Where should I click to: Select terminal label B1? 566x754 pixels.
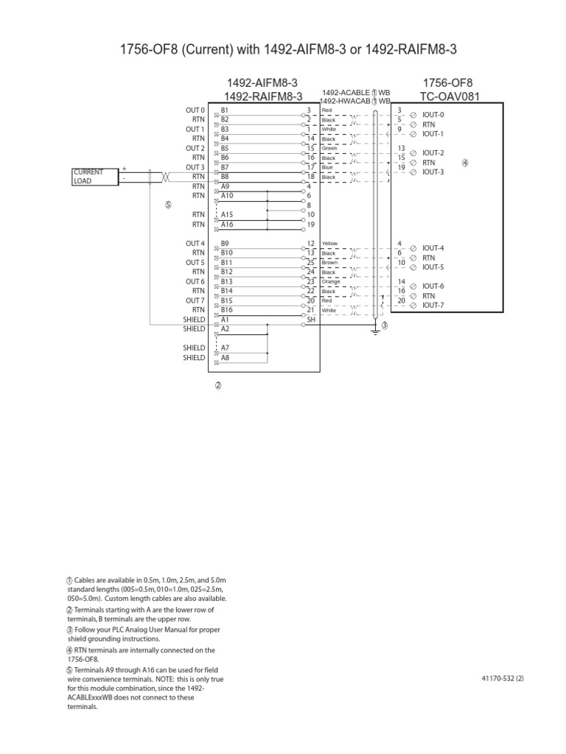click(225, 110)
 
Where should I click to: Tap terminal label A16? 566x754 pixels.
click(227, 224)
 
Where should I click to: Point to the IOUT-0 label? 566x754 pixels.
click(433, 115)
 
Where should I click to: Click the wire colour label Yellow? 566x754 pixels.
click(329, 244)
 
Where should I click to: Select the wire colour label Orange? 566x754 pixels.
click(330, 281)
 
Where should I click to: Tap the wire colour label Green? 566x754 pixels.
click(329, 148)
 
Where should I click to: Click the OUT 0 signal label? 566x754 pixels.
click(195, 110)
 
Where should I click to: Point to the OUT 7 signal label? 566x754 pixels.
click(195, 300)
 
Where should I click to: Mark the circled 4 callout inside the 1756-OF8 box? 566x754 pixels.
click(465, 163)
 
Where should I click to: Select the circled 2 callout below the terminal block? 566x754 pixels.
click(218, 385)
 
